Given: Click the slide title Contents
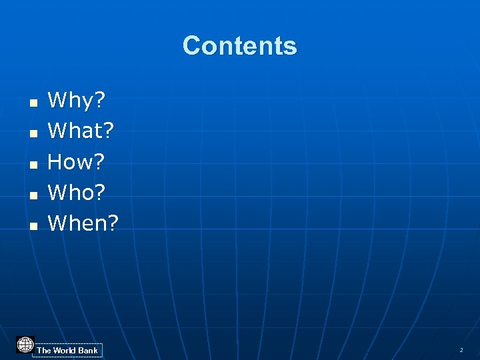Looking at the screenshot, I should pos(239,46).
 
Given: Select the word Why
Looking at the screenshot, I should pos(71,101).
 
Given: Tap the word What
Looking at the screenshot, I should pos(75,131).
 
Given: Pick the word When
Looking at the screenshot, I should pos(77,223).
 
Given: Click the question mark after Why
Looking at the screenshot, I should pos(100,101).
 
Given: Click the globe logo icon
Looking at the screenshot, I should pos(25,345).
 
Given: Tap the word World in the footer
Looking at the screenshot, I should pos(65,351).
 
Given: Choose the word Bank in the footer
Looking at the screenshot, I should pos(88,351).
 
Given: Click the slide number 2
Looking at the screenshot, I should pos(461,350).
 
